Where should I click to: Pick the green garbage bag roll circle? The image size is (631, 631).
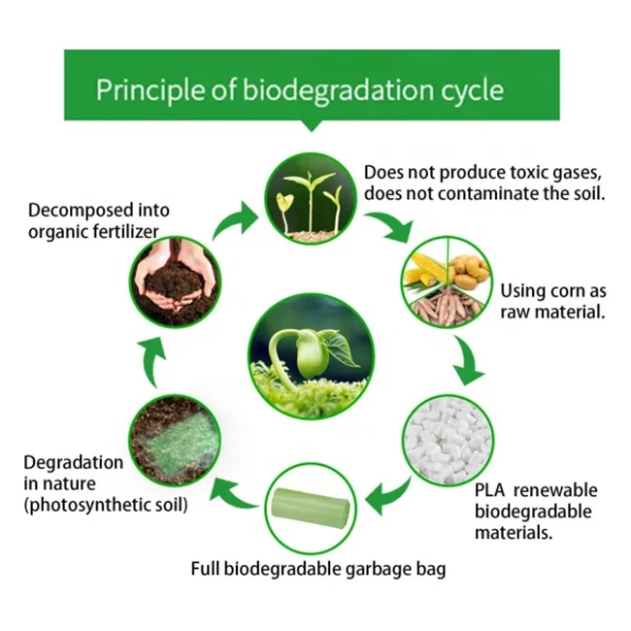pyautogui.click(x=310, y=505)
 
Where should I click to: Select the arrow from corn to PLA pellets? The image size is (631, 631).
pyautogui.click(x=472, y=364)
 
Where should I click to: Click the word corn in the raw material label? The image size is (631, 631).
pyautogui.click(x=562, y=290)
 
